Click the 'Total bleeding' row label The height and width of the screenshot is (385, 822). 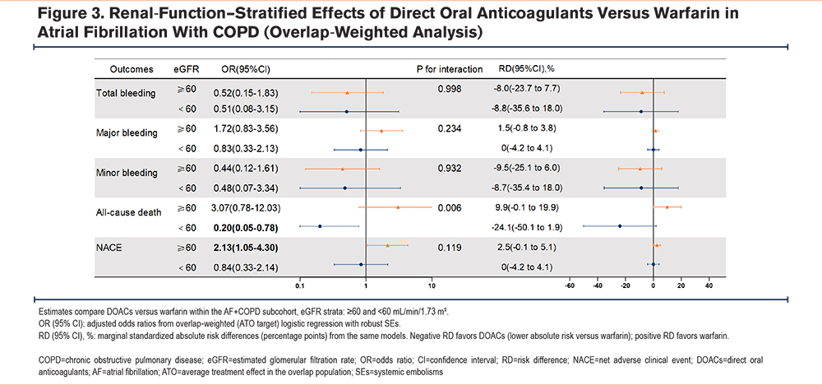pyautogui.click(x=126, y=93)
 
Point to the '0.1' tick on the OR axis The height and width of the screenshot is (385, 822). pyautogui.click(x=300, y=286)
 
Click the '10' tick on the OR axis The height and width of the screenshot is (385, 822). pyautogui.click(x=432, y=286)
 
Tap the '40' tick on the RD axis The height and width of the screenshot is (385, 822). pyautogui.click(x=709, y=286)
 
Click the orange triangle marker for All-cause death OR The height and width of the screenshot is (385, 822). pyautogui.click(x=398, y=207)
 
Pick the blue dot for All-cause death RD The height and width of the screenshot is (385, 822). pyautogui.click(x=620, y=225)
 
